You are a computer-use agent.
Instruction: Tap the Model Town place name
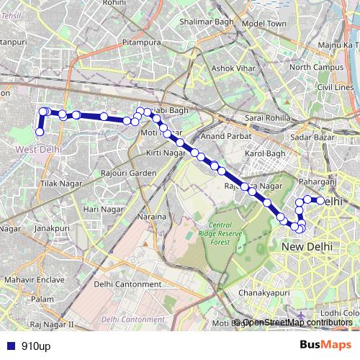click(x=264, y=24)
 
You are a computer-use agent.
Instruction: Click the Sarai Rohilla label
click(x=267, y=117)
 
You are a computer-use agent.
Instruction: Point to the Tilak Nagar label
click(x=58, y=185)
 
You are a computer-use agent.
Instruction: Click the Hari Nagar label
click(x=99, y=209)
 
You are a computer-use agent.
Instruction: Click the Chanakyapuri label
click(x=263, y=293)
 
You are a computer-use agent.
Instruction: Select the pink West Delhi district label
click(x=38, y=149)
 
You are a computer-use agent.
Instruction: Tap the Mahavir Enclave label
click(x=24, y=279)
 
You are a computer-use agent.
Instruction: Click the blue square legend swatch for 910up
click(x=9, y=346)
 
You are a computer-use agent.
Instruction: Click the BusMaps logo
click(x=326, y=345)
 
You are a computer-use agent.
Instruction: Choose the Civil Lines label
click(x=334, y=86)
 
